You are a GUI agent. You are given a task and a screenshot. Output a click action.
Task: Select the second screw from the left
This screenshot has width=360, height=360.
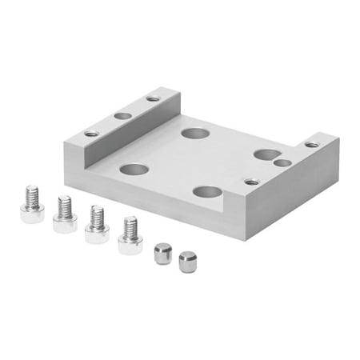click(64, 214)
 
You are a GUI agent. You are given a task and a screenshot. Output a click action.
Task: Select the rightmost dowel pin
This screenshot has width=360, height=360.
click(187, 259)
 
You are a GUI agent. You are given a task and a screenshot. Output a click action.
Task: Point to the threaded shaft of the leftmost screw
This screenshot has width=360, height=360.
click(31, 194)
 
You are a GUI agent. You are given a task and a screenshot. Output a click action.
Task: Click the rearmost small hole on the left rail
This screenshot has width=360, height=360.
click(153, 99)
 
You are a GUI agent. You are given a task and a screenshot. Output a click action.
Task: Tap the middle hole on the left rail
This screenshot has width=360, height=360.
click(122, 116)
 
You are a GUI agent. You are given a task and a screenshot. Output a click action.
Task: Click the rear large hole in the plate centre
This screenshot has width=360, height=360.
click(193, 132)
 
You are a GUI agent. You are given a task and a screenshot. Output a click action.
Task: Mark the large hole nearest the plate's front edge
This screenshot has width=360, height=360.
click(207, 192)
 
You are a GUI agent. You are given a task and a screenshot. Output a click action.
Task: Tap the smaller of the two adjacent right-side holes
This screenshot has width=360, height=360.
click(282, 163)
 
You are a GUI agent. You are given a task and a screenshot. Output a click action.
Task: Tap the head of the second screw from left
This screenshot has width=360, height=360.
click(65, 222)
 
